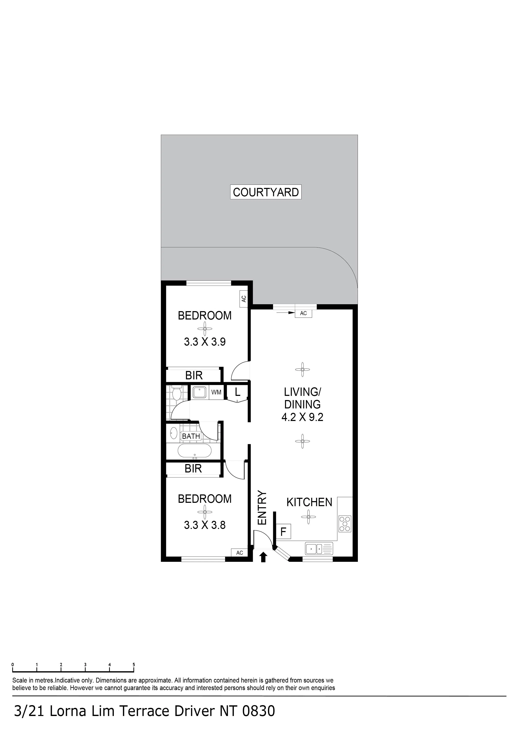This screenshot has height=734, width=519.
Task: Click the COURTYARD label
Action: coord(266,192)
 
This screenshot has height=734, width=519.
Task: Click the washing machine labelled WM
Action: coord(216,392)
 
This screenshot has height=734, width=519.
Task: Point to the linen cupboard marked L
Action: coord(237,392)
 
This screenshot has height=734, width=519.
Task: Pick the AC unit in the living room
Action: coord(303,313)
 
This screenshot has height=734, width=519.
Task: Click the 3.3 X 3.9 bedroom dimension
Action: coord(205,342)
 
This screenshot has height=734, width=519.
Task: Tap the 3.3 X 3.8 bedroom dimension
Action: coord(205,525)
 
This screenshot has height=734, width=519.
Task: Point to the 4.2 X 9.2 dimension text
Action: coord(302,417)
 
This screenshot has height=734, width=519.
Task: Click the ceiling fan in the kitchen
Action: coord(309,517)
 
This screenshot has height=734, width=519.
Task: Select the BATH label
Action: coord(191,436)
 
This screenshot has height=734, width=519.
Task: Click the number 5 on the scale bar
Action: coord(134,665)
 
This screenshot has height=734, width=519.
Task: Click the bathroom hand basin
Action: coord(174,433)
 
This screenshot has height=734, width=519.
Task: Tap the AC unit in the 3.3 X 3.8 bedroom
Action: coord(239,553)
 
